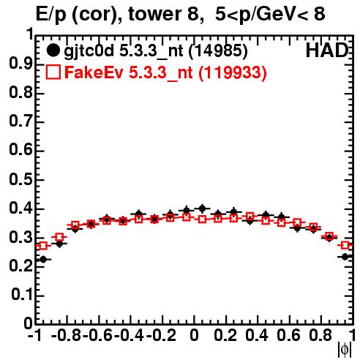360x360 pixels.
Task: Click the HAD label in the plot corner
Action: [x=327, y=50]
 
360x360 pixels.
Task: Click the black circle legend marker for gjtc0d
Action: [x=53, y=50]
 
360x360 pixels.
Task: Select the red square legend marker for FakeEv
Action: [x=53, y=72]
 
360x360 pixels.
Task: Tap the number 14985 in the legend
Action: [x=218, y=51]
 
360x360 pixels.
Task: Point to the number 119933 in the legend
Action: [x=233, y=72]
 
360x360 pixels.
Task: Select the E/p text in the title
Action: [x=51, y=15]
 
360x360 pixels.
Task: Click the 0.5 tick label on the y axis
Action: [x=20, y=180]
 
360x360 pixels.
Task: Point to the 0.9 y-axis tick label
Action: [x=20, y=64]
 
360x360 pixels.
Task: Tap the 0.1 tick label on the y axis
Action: [x=22, y=295]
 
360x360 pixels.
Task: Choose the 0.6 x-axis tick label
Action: [x=288, y=336]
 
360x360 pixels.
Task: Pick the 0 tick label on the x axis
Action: [x=194, y=336]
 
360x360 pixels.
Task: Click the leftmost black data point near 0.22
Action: [x=43, y=259]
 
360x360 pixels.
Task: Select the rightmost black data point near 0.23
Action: [x=345, y=257]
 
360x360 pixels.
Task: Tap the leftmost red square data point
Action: [x=43, y=246]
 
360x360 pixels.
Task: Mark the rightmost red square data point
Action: [x=345, y=245]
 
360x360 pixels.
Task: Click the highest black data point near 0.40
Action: [x=202, y=209]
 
